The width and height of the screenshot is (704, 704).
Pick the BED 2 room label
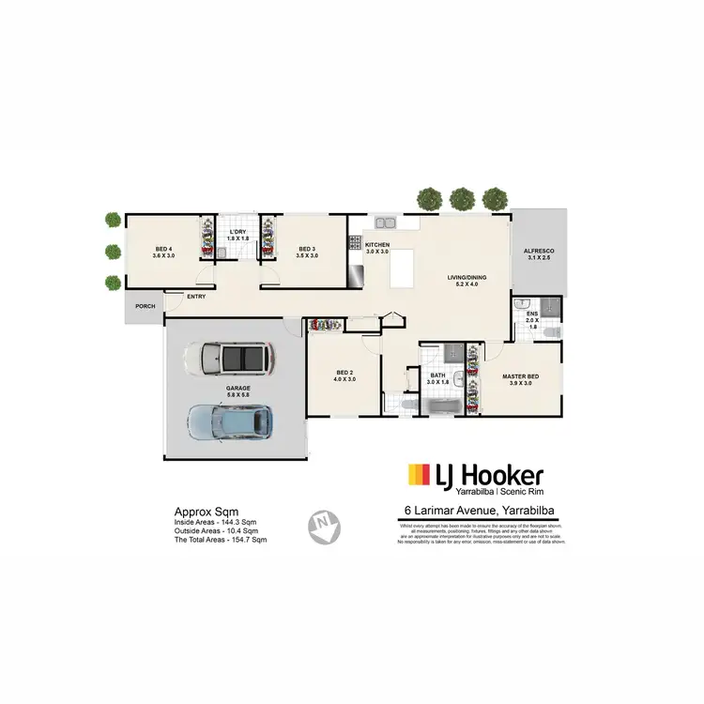point(345,375)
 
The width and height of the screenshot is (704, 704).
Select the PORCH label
point(145,306)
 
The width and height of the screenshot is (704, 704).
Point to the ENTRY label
point(196,297)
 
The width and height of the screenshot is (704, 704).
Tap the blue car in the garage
point(232,422)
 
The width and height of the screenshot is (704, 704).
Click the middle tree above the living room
point(461,198)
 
